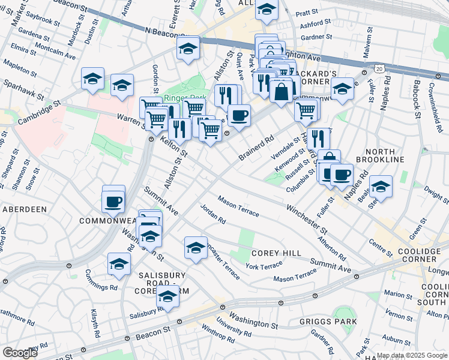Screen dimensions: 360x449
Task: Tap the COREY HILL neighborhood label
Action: click(276, 253)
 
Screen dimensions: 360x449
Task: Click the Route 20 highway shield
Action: click(379, 68)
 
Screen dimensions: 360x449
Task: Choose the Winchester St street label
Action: click(306, 221)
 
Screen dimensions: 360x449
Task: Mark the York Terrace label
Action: click(264, 266)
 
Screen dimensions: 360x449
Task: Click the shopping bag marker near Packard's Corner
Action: click(281, 91)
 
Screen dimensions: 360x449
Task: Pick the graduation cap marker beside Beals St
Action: click(381, 187)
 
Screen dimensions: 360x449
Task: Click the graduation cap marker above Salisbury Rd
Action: click(168, 297)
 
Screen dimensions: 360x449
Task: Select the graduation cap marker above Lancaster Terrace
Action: click(196, 248)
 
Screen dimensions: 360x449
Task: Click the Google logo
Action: click(20, 352)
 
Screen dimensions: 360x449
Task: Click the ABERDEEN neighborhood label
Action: click(25, 209)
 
